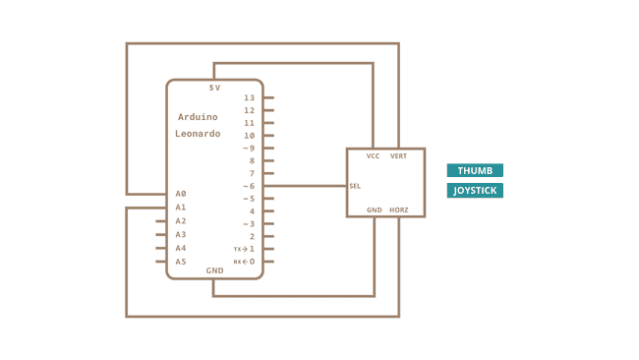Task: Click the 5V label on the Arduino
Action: (x=214, y=88)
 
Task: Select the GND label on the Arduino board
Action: (x=214, y=270)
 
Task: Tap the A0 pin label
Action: (x=181, y=194)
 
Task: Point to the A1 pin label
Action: (x=181, y=208)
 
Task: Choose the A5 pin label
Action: (x=181, y=262)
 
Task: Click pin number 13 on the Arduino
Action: (x=250, y=98)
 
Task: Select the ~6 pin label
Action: (x=249, y=186)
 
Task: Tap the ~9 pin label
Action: (x=249, y=148)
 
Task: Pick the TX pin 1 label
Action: (x=245, y=249)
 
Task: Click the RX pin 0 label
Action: (x=245, y=262)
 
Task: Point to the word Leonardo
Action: (x=198, y=133)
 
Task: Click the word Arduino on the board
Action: (x=198, y=116)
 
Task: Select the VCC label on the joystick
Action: (x=374, y=156)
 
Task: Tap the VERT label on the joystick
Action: (x=398, y=156)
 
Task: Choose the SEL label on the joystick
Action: (x=354, y=186)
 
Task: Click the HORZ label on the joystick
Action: (x=398, y=210)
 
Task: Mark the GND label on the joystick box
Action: (x=374, y=210)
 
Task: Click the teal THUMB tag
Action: (x=475, y=170)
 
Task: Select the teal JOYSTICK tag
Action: (x=475, y=190)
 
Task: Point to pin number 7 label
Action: (x=252, y=173)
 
